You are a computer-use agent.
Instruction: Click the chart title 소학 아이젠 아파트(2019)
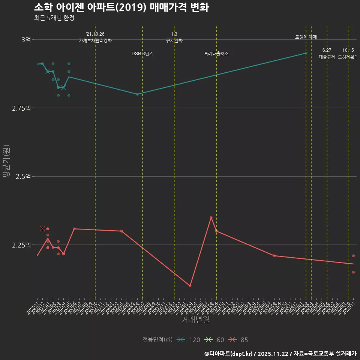click(x=121, y=7)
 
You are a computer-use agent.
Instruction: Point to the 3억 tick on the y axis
click(x=26, y=39)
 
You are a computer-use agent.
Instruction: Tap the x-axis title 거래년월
click(x=195, y=319)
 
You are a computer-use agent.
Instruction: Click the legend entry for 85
click(x=238, y=340)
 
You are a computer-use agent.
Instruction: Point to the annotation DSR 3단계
click(x=142, y=54)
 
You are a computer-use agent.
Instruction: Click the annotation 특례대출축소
click(x=216, y=54)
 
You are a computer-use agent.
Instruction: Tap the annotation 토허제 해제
click(x=306, y=37)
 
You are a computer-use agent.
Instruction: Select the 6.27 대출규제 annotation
click(x=327, y=54)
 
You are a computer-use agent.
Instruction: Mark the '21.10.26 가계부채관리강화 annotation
click(x=95, y=37)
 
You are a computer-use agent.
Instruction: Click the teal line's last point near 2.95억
click(x=306, y=53)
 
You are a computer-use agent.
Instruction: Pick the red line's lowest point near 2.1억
click(x=190, y=286)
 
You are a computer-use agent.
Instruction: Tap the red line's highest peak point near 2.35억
click(x=211, y=217)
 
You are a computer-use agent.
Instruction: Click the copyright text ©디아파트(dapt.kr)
click(x=229, y=353)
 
